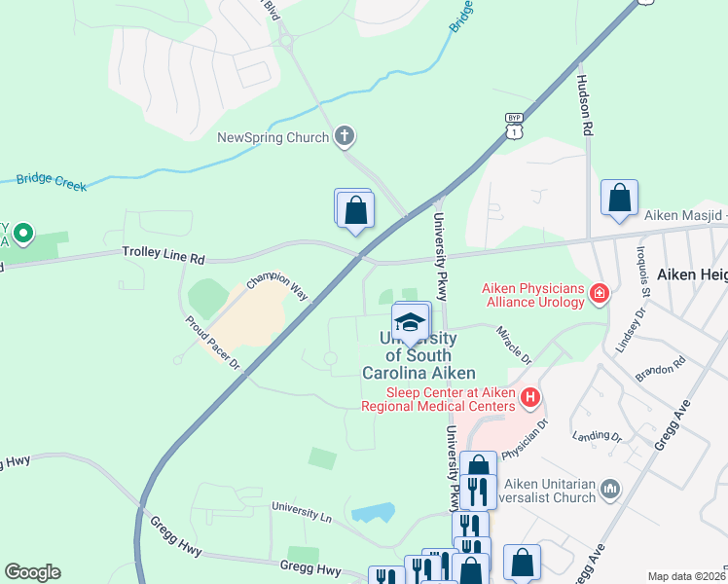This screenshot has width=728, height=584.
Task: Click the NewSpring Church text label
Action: coord(273,137)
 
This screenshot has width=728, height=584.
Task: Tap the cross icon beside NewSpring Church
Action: coord(344,137)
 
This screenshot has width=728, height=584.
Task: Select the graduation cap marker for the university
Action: coord(411,322)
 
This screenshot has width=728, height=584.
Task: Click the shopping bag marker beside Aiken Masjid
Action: coord(619,199)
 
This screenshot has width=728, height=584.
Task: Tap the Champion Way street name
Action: coord(276,286)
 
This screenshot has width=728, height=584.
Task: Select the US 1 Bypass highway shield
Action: coord(514,125)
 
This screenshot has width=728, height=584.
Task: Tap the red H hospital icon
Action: coord(530,396)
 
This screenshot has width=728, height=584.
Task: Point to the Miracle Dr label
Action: coord(515,346)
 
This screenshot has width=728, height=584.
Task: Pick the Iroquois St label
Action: coord(645,278)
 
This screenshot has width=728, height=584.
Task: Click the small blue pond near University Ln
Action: coord(373,512)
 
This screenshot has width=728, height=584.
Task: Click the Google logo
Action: coord(32,572)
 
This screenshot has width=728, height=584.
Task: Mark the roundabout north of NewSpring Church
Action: coord(286,41)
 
